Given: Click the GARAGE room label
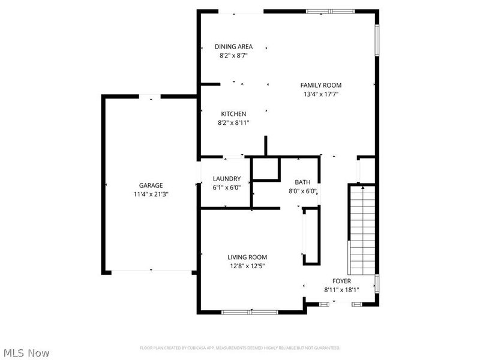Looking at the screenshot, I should pyautogui.click(x=151, y=185).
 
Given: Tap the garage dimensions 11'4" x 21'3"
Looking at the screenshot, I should pyautogui.click(x=151, y=194).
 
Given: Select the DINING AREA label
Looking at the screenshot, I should pyautogui.click(x=233, y=46).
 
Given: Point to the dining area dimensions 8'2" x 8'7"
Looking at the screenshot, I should pyautogui.click(x=233, y=55).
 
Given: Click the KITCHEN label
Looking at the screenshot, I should pyautogui.click(x=233, y=114).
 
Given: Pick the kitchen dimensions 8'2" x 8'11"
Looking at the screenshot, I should pyautogui.click(x=233, y=122).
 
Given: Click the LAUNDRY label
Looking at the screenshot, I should pyautogui.click(x=227, y=179).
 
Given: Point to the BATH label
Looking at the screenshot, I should pyautogui.click(x=302, y=182).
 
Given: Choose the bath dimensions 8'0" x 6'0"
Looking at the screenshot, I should pyautogui.click(x=302, y=191).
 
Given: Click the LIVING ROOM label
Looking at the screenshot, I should pyautogui.click(x=247, y=257).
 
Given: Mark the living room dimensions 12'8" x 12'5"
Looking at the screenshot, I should pyautogui.click(x=247, y=266).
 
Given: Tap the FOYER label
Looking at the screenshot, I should pyautogui.click(x=342, y=281).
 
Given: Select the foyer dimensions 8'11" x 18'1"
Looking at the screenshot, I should pyautogui.click(x=342, y=290).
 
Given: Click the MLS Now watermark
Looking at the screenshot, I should pyautogui.click(x=26, y=353).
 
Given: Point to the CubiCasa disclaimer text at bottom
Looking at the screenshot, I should pyautogui.click(x=240, y=348).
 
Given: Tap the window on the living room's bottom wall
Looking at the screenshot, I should pyautogui.click(x=249, y=312).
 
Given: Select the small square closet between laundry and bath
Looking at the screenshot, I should pyautogui.click(x=265, y=169).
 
